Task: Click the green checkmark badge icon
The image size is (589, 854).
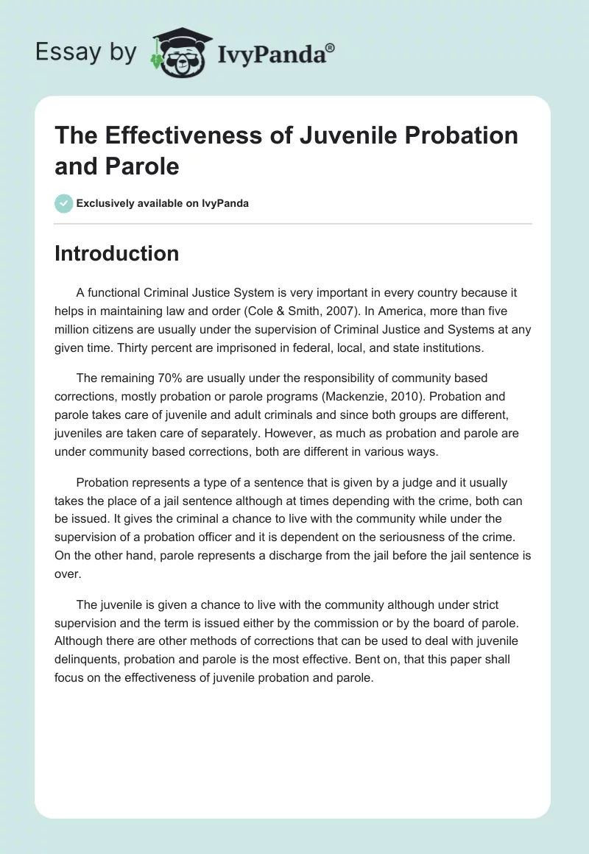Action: tap(64, 203)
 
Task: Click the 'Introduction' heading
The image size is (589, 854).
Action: tap(117, 253)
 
